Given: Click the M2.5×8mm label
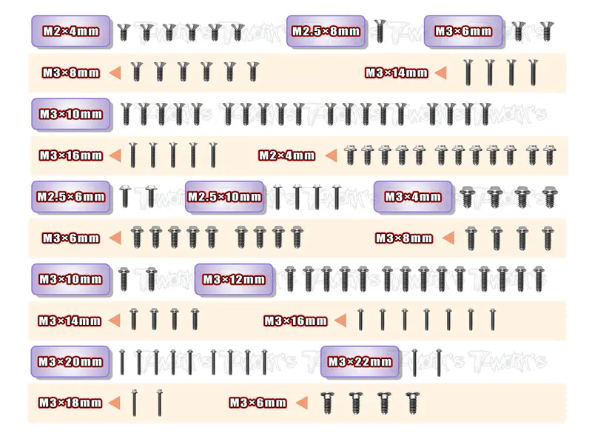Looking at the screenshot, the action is (326, 31).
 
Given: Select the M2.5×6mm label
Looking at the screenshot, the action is (71, 197).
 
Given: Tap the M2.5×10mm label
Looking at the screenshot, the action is (225, 197).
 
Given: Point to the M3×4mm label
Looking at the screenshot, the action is (413, 197).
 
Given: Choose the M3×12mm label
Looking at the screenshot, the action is (234, 280).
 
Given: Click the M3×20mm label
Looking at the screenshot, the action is (70, 362).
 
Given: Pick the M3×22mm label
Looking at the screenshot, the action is (360, 362).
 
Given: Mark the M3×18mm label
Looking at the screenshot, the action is (70, 403).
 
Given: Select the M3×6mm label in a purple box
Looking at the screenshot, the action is (463, 31).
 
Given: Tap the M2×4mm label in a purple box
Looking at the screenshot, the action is (71, 31).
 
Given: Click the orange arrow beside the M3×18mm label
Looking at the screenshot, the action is (115, 403).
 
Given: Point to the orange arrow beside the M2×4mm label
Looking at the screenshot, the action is (331, 155).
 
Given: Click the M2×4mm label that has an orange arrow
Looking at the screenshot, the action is (286, 155).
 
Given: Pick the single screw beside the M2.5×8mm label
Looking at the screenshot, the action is (380, 31).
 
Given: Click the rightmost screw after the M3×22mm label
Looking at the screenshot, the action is (439, 362).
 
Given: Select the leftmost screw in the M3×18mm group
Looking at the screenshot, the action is (135, 403).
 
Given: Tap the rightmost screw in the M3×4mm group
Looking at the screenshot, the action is (549, 196).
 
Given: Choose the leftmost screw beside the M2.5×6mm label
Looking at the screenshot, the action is (125, 196).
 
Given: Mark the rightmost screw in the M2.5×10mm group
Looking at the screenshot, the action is (337, 197).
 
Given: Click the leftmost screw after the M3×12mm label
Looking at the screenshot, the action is (289, 279).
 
